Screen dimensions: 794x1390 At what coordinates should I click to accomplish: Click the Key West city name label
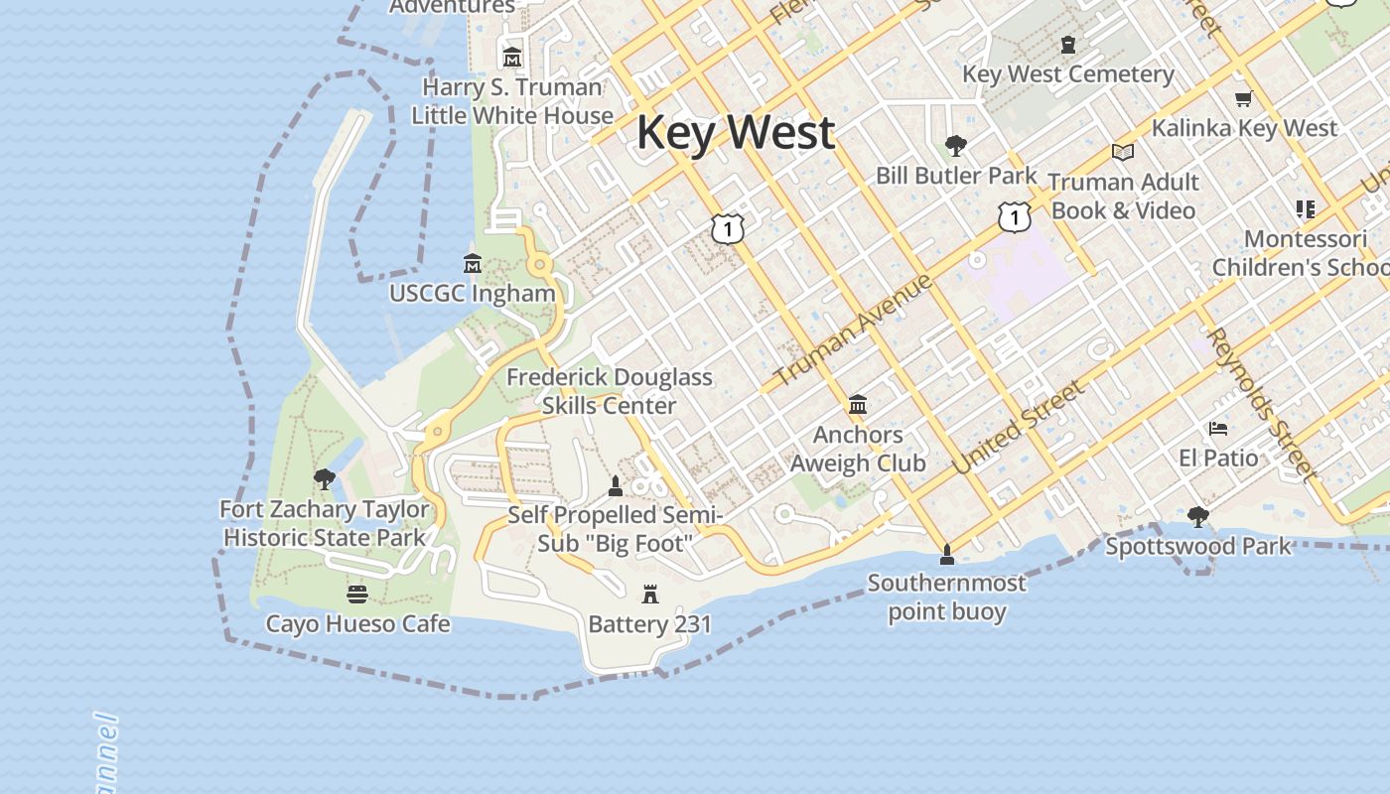(x=735, y=132)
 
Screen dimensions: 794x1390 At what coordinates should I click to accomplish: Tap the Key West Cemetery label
(x=1067, y=74)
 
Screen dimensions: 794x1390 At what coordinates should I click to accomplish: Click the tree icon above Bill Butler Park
(x=956, y=147)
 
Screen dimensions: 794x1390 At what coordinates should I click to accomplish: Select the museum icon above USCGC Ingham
(x=473, y=264)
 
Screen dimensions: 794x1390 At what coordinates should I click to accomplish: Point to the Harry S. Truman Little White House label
(x=512, y=101)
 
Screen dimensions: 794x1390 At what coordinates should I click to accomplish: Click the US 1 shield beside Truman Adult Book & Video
(x=1014, y=215)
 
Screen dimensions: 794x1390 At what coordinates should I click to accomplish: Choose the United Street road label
(x=1019, y=428)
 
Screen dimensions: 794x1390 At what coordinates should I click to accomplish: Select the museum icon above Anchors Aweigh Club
(x=858, y=405)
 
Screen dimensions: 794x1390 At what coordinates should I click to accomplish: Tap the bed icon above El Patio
(x=1218, y=429)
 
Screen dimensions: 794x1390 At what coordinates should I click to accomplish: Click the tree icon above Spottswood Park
(x=1198, y=517)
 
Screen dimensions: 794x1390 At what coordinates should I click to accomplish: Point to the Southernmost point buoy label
(x=946, y=596)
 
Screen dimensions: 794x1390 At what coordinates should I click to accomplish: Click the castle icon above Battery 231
(x=650, y=595)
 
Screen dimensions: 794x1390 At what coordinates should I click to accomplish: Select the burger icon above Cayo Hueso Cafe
(x=357, y=595)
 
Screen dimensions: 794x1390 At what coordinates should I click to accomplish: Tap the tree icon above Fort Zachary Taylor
(x=324, y=480)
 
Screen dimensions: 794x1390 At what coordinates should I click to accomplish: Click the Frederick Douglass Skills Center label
(x=610, y=391)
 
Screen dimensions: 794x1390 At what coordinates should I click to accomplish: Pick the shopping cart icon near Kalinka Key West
(x=1243, y=98)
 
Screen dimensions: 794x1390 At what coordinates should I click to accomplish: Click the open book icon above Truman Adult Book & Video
(x=1123, y=153)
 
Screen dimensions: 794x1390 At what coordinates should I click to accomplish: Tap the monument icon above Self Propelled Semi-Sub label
(x=616, y=486)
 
